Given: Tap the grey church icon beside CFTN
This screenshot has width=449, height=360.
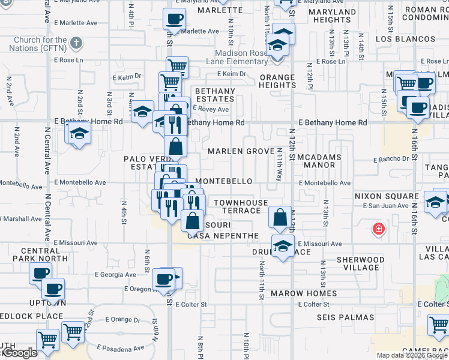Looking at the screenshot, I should tap(76, 43).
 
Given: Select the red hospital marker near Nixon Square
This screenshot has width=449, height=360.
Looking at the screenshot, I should tap(378, 229).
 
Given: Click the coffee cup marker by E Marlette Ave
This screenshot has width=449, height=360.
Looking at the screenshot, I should tap(174, 19).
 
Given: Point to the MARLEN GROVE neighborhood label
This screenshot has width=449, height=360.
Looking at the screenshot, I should tap(241, 152).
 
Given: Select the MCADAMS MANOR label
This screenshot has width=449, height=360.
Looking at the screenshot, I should tap(324, 161).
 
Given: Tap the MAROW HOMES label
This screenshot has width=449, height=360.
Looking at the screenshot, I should tap(304, 294).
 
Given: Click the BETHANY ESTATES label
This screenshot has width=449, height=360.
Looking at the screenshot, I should tap(214, 95).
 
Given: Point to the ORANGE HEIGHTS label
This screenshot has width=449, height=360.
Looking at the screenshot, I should tap(277, 81).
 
